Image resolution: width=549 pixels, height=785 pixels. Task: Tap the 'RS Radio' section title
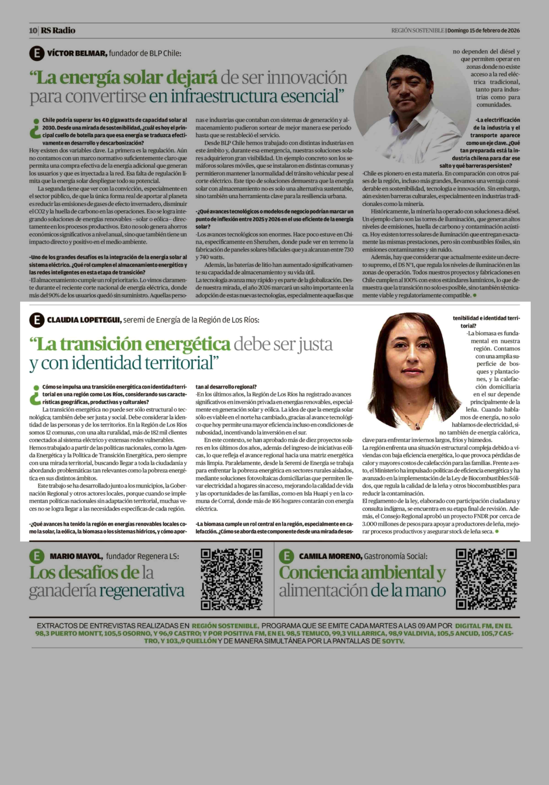pyautogui.click(x=58, y=30)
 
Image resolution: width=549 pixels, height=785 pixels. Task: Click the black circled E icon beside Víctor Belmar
pyautogui.click(x=37, y=54)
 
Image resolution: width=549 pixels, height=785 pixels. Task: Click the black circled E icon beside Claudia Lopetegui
pyautogui.click(x=37, y=320)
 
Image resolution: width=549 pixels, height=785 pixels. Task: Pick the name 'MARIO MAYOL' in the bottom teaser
pyautogui.click(x=76, y=557)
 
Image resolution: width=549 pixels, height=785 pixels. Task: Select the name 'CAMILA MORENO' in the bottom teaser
pyautogui.click(x=330, y=557)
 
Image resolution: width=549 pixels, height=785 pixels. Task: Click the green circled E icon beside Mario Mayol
pyautogui.click(x=37, y=556)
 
